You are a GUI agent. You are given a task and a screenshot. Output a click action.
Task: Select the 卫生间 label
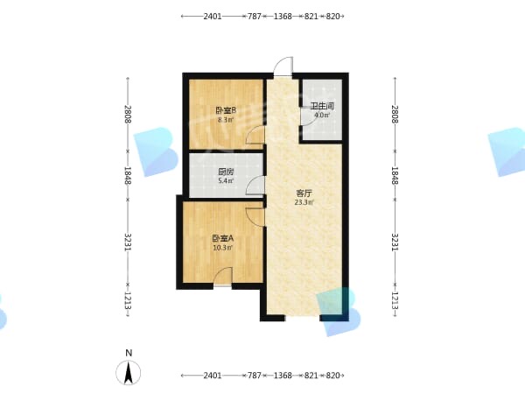click(x=322, y=106)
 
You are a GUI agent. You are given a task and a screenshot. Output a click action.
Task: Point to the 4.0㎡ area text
click(x=322, y=116)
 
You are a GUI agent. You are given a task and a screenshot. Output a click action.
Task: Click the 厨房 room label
click(x=226, y=172)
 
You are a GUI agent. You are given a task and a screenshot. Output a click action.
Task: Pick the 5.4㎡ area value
click(x=226, y=181)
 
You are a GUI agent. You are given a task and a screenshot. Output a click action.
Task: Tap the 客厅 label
click(x=304, y=193)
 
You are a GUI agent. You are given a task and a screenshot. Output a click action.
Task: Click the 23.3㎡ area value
click(x=304, y=202)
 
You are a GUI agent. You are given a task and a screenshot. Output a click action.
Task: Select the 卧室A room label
click(x=222, y=238)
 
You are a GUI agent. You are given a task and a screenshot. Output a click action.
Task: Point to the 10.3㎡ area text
click(x=222, y=248)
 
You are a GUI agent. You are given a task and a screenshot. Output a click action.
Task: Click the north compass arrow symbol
click(x=129, y=373)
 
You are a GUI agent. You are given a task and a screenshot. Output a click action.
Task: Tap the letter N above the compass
click(x=129, y=353)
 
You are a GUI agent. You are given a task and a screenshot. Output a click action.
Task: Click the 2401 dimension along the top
click(x=213, y=16)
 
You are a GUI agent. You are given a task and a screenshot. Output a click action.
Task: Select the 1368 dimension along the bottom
click(x=283, y=376)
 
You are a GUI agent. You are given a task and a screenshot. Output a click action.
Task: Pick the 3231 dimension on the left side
click(x=128, y=242)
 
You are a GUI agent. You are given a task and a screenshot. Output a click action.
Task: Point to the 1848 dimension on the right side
click(x=395, y=175)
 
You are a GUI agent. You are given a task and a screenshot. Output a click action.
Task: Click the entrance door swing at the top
click(x=283, y=67)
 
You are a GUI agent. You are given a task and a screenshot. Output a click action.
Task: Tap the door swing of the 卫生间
click(x=307, y=116)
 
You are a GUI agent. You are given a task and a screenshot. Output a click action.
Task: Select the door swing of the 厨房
click(x=255, y=186)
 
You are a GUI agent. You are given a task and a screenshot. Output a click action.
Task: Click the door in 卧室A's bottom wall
click(x=222, y=277)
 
